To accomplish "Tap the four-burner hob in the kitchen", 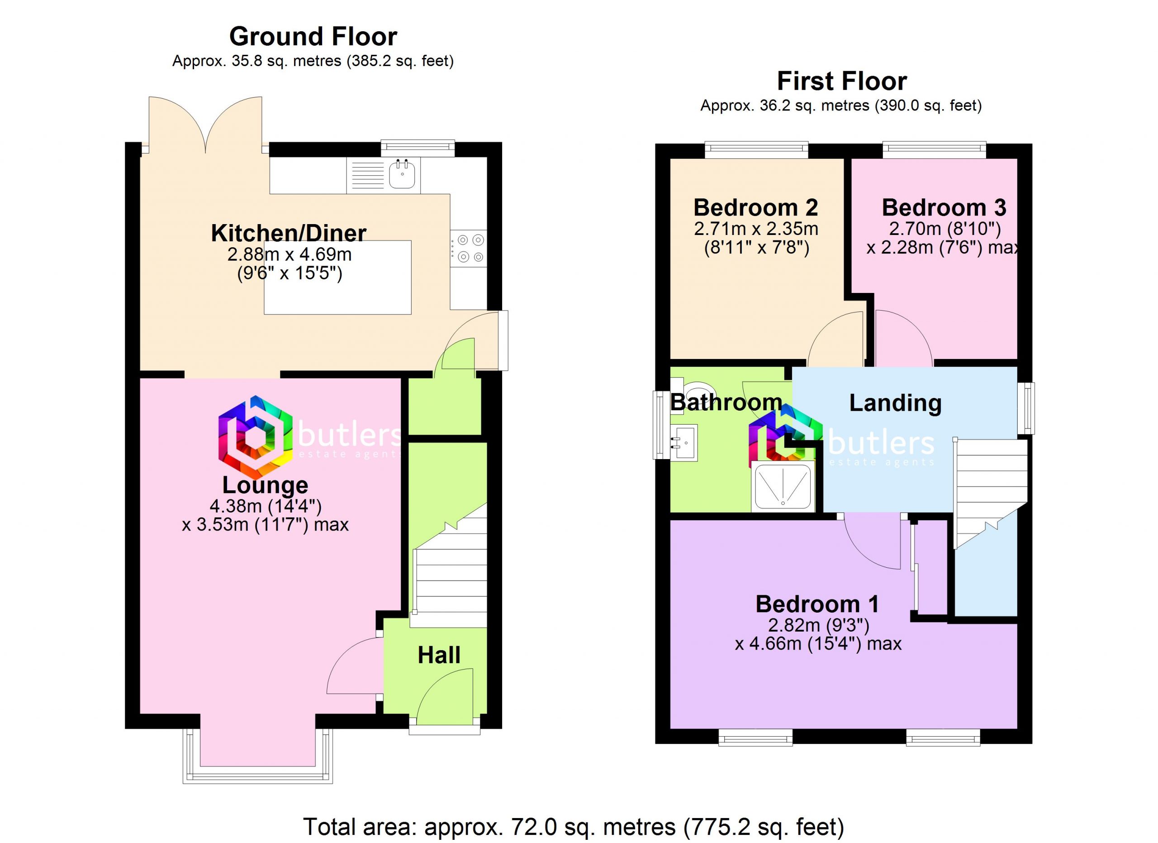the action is pos(468,248).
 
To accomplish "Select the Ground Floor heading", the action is pos(313,36).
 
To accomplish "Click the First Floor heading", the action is pos(842,81).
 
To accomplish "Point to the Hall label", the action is pos(439,655).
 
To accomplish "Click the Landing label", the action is pos(896,403).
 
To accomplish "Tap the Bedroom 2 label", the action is pos(756,207).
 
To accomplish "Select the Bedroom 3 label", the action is pos(944,207).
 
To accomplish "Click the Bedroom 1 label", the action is pos(817,604).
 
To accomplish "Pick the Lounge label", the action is pos(265,485).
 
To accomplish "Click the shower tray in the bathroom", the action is pos(783,486).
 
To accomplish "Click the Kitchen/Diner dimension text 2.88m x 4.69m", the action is pos(289,254).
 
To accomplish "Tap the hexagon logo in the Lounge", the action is pos(255,437).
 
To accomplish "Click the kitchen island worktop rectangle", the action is pos(337,278).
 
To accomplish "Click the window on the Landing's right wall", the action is pos(1026,408).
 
